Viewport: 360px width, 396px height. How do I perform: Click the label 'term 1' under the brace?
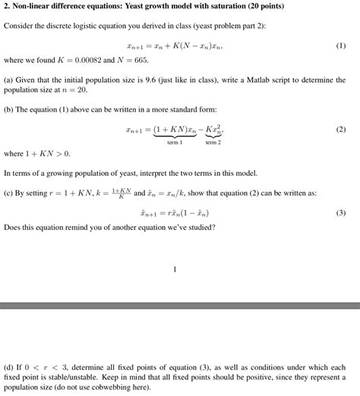coord(175,143)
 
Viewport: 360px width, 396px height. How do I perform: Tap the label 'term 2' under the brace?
coord(213,143)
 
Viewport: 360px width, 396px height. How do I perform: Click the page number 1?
coord(175,269)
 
